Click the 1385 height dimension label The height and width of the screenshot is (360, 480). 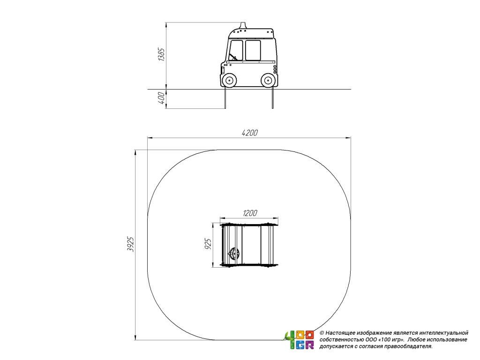[x=161, y=54]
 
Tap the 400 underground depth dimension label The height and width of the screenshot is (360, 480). [x=161, y=98]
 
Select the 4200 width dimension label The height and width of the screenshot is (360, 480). [x=250, y=133]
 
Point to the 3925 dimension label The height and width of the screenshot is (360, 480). [x=131, y=244]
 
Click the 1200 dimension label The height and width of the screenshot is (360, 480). [x=250, y=213]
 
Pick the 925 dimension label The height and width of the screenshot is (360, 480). [x=208, y=244]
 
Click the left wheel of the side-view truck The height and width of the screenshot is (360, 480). [x=229, y=81]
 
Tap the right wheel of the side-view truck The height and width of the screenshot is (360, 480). [x=268, y=81]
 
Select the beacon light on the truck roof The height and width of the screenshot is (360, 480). [x=243, y=25]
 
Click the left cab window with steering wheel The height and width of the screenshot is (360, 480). [x=236, y=50]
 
